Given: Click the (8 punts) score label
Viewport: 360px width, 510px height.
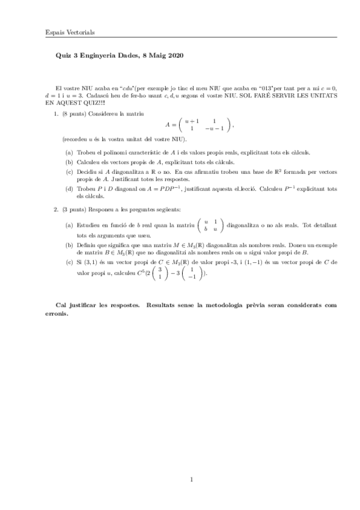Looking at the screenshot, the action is click(x=73, y=114).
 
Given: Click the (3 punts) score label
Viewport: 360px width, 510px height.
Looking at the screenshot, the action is click(x=73, y=209).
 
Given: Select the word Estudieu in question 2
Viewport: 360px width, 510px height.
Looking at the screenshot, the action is click(x=88, y=224).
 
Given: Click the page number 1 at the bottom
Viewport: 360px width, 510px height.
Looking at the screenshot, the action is click(x=191, y=479).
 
